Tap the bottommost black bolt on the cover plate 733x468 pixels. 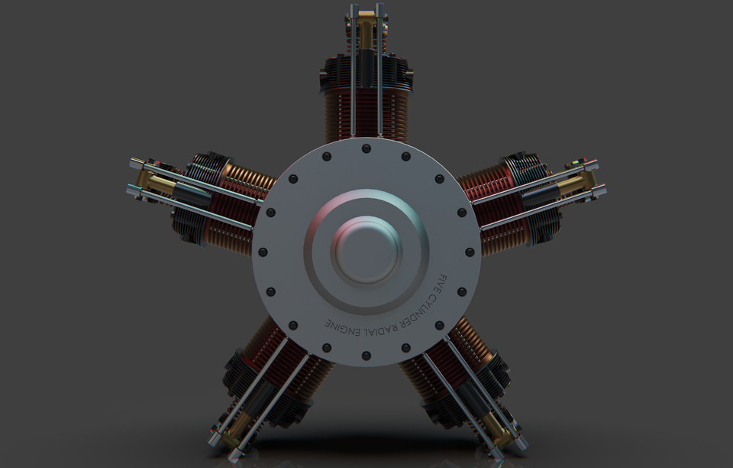[x=366, y=356]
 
